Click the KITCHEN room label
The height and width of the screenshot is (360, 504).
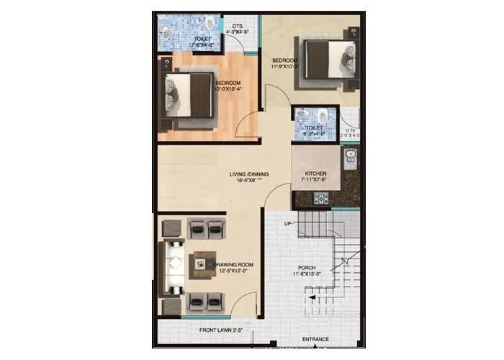pyautogui.click(x=317, y=174)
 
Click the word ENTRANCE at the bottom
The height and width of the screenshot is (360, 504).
pyautogui.click(x=315, y=339)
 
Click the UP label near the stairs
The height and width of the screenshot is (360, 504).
pyautogui.click(x=288, y=224)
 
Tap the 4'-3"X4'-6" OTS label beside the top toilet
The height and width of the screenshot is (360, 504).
pyautogui.click(x=238, y=30)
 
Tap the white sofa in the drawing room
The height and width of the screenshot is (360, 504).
pyautogui.click(x=174, y=265)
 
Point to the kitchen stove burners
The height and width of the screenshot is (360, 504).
pyautogui.click(x=351, y=155)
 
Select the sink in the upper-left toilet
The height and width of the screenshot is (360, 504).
pyautogui.click(x=166, y=31)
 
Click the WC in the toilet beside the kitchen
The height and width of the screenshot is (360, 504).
pyautogui.click(x=322, y=117)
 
